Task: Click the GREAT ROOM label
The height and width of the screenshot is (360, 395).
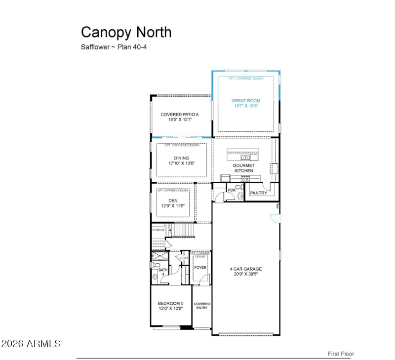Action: [x=245, y=100]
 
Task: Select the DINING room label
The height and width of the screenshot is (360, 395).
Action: [x=181, y=158]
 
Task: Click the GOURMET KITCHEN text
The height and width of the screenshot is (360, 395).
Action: [x=243, y=168]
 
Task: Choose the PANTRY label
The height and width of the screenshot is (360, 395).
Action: [x=258, y=193]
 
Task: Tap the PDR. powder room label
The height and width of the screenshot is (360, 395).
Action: [x=231, y=190]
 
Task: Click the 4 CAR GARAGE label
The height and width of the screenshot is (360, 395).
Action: [x=245, y=269]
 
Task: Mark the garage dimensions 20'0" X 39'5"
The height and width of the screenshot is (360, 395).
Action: [x=245, y=275]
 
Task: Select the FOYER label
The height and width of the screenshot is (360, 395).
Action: [x=199, y=267]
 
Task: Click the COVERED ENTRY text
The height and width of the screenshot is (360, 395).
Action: [x=201, y=306]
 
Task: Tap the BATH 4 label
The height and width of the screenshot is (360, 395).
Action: [x=163, y=272]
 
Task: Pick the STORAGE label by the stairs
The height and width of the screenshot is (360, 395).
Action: [x=158, y=230]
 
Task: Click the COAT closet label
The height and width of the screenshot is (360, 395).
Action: [x=184, y=258]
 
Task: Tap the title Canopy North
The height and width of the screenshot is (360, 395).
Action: [x=126, y=32]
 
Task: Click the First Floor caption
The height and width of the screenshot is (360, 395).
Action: [x=341, y=354]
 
